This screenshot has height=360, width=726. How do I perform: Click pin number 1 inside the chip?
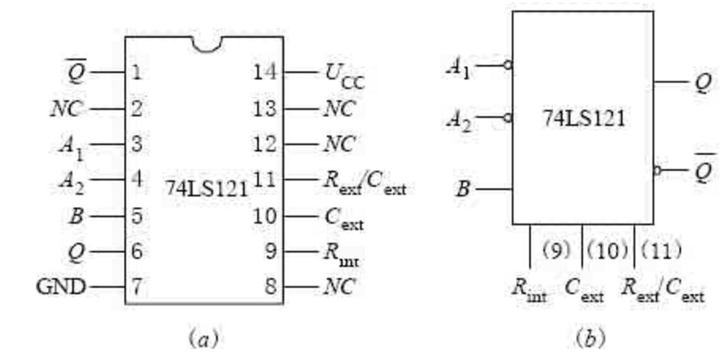point(135,72)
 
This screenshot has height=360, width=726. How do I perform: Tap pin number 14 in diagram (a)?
point(265,72)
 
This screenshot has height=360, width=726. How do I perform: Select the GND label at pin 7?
point(61,287)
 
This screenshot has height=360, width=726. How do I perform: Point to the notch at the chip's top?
point(207,45)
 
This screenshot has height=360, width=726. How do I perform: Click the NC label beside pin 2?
point(67,110)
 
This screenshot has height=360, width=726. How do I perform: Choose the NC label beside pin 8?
point(339,287)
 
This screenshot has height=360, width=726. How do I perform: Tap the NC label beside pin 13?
point(339,110)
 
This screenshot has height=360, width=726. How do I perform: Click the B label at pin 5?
point(76,216)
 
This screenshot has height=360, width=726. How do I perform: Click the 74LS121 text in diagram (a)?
point(207,189)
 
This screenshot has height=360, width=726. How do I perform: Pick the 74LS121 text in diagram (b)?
point(584,119)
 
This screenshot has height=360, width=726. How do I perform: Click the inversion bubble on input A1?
point(508,65)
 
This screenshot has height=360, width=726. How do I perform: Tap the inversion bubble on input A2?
point(508,118)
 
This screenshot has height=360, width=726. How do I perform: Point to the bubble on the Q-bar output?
point(657,171)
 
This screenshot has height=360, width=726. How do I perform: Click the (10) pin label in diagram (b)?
point(608,250)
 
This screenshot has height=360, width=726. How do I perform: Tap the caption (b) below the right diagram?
point(590,340)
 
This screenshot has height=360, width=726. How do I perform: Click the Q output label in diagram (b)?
point(704,84)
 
